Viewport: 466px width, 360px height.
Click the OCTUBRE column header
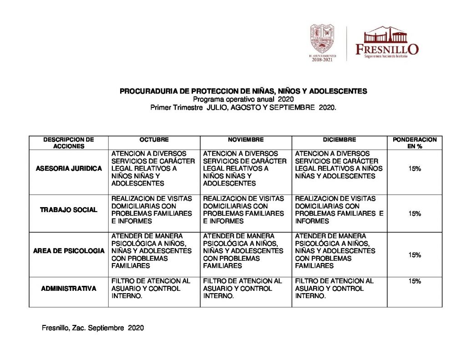154,140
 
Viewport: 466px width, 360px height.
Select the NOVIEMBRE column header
246,140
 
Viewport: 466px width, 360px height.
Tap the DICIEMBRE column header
339,140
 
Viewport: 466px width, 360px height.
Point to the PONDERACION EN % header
414,143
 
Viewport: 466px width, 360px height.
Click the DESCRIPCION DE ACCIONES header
69,143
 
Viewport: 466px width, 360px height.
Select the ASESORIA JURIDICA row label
69,168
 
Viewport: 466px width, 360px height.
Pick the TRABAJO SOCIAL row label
69,210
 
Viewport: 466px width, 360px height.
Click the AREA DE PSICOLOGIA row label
69,251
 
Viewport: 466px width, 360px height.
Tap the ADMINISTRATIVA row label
69,289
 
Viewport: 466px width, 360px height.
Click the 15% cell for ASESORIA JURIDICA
414,168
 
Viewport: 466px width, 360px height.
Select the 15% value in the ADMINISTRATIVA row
414,281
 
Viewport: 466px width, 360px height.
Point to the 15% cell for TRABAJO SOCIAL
414,213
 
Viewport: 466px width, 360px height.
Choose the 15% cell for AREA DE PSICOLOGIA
414,255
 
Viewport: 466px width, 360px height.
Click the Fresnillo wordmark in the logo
387,48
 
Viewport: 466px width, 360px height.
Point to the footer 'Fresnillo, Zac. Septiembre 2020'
93,327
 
